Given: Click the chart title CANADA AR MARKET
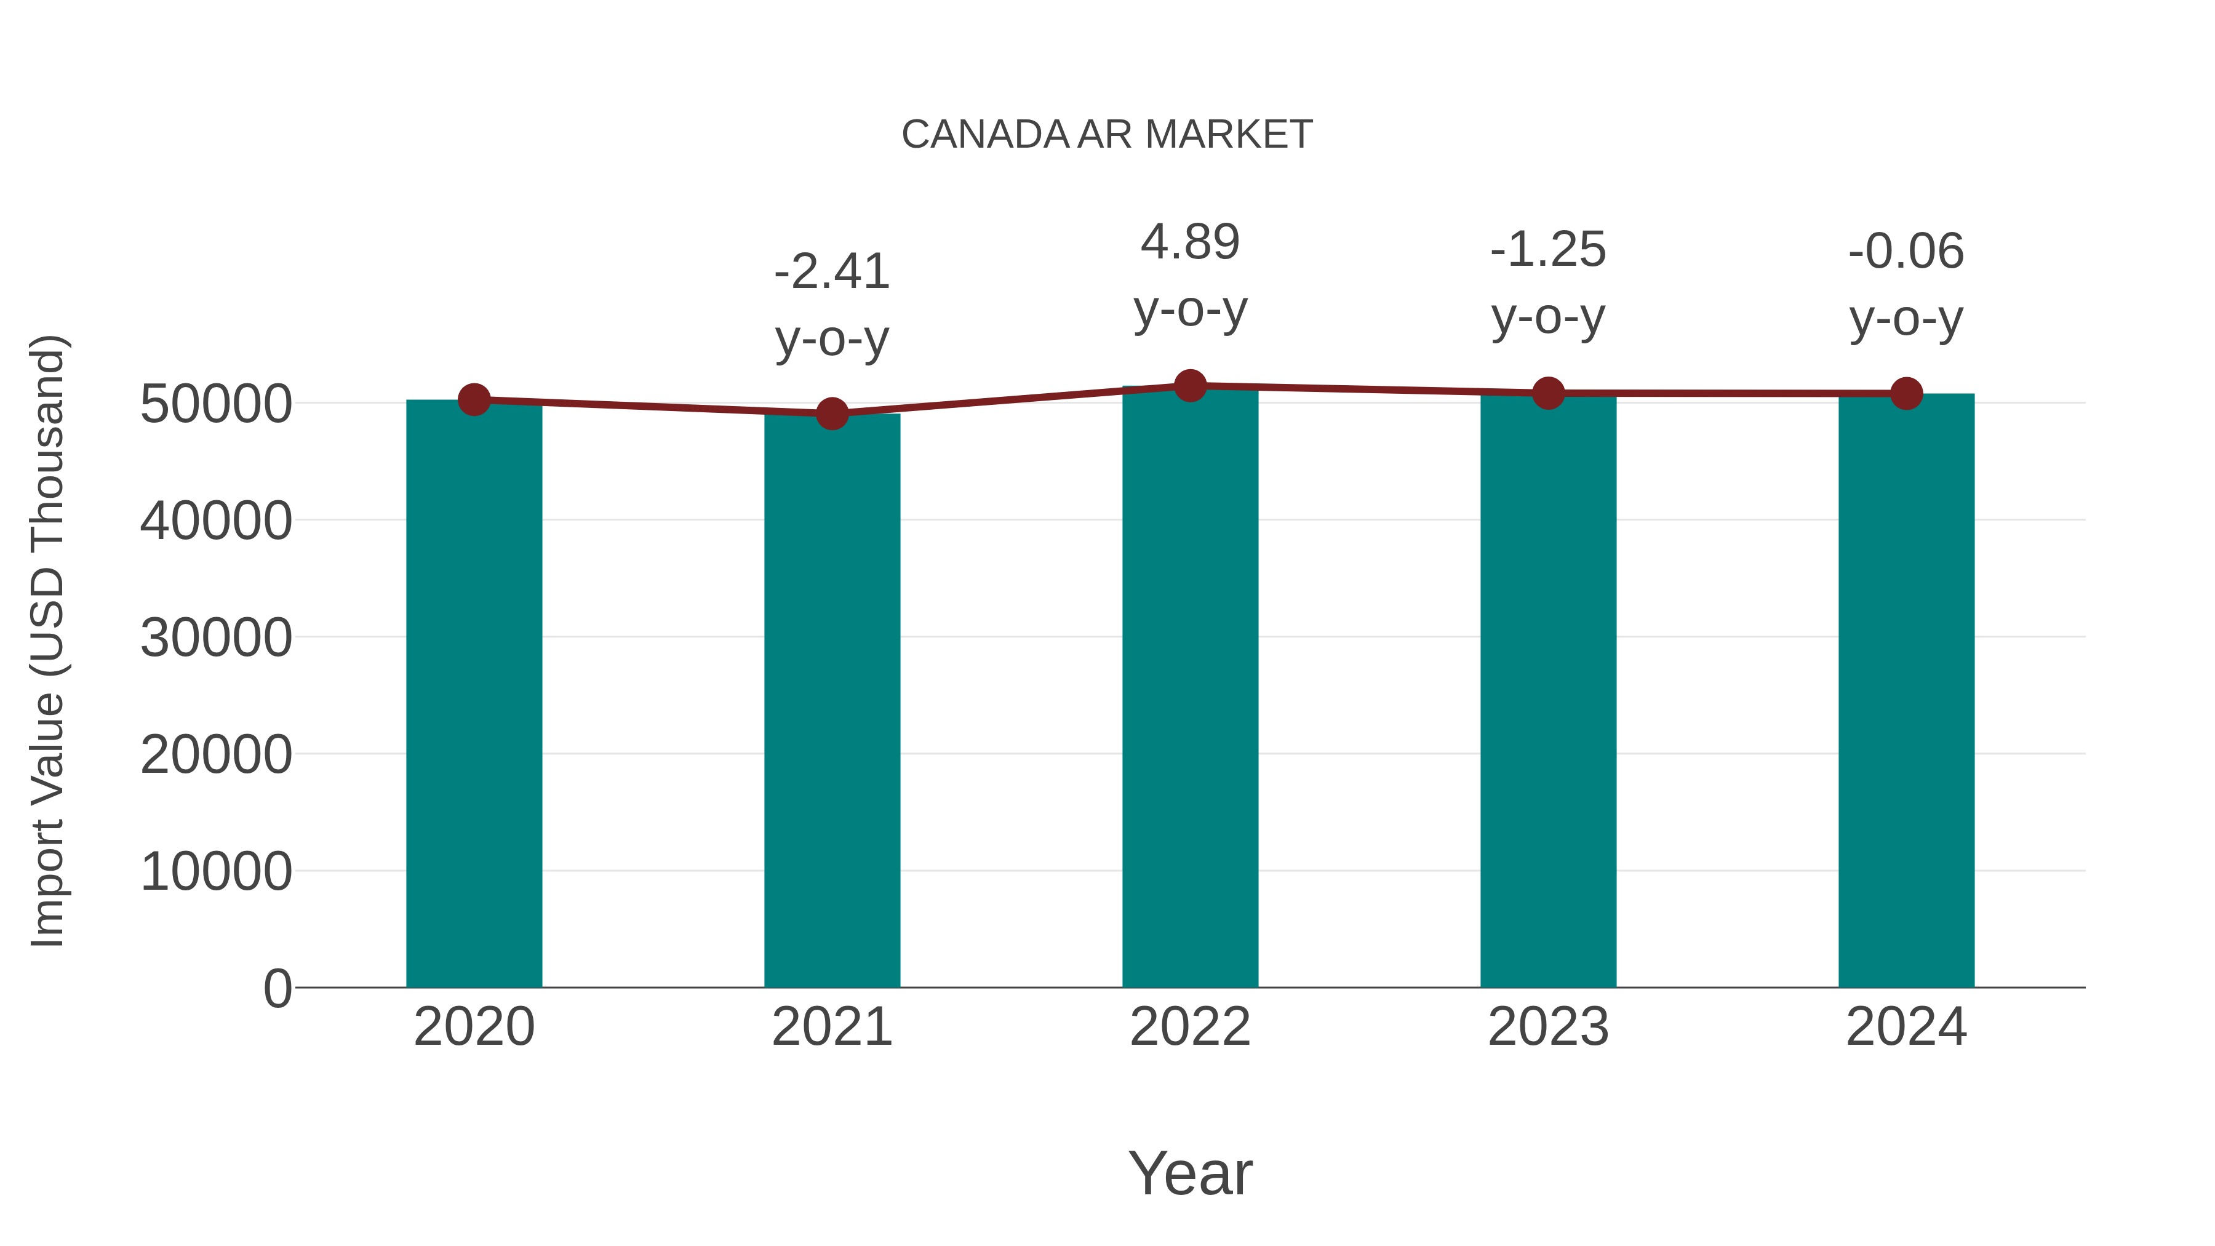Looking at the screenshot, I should click(1107, 135).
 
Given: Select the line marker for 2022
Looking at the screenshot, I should click(1190, 386).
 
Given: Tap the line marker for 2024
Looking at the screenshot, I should click(1906, 394).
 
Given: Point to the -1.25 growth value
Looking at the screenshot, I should click(1548, 250).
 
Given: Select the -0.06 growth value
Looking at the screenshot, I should click(1906, 252).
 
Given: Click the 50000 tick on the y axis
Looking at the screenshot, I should click(216, 404).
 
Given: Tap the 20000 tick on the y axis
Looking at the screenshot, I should click(216, 755).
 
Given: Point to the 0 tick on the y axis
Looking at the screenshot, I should click(277, 989).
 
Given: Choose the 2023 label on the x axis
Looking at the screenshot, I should click(1548, 1027).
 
